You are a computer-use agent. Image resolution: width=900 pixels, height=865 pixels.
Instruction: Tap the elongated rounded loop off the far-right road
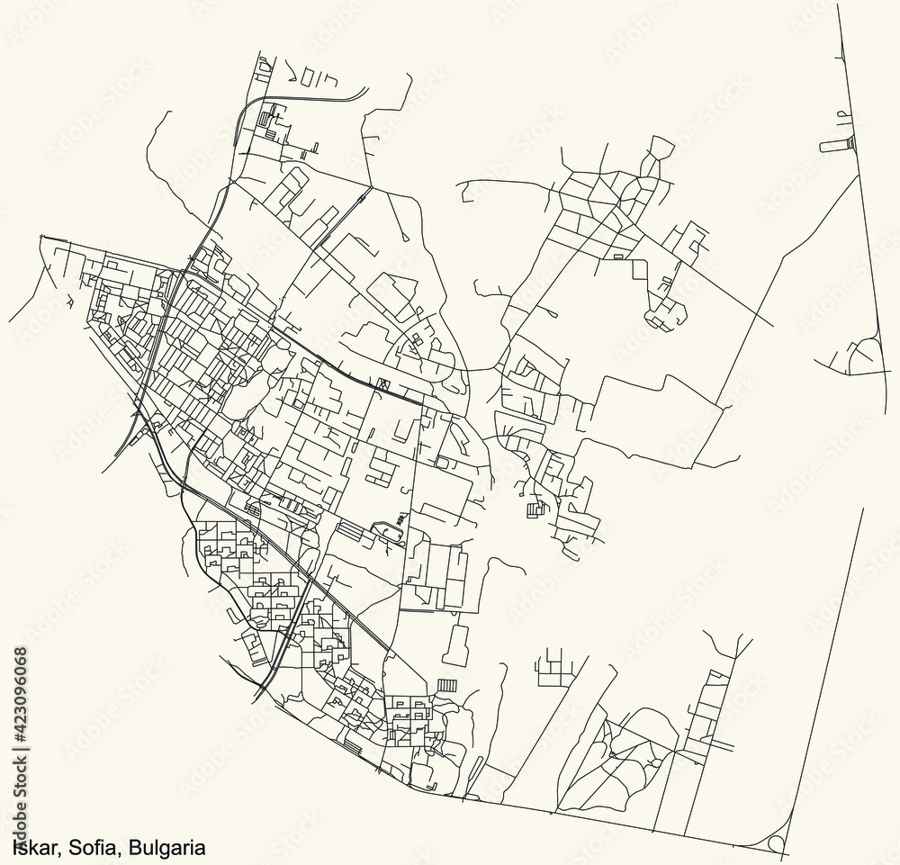[837, 144]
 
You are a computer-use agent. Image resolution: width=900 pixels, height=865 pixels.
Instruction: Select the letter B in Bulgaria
[134, 847]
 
